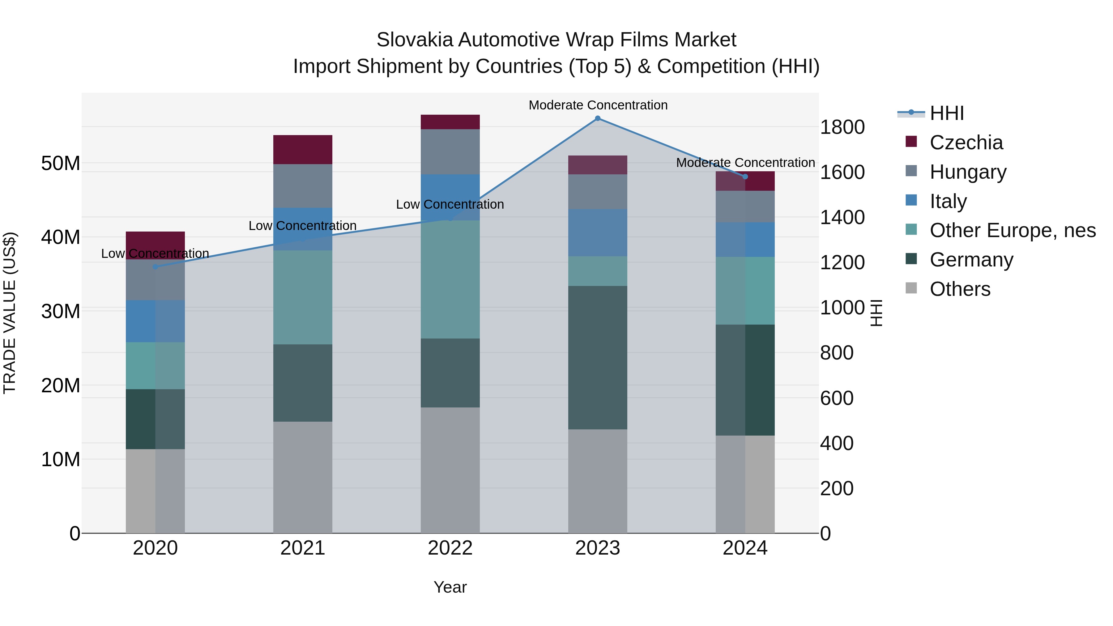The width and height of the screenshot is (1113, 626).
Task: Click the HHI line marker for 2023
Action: [598, 118]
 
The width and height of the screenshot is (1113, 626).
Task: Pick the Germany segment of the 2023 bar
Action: [598, 357]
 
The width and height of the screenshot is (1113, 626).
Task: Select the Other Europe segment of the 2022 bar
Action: [450, 279]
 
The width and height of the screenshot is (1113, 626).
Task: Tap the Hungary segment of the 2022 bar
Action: [450, 152]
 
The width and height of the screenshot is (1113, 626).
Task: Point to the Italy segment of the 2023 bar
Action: [598, 232]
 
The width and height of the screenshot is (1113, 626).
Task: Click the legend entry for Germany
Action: [971, 260]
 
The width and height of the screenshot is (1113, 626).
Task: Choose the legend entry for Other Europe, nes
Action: [1012, 230]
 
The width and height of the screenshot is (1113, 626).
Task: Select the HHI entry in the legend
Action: [946, 113]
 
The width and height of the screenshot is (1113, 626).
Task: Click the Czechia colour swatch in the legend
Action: [911, 142]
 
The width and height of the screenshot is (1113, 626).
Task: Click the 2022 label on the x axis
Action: [450, 548]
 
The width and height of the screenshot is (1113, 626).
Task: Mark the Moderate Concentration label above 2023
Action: [598, 105]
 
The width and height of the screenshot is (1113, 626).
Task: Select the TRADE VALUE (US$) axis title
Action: [10, 313]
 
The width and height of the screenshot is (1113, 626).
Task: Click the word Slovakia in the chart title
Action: [415, 40]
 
